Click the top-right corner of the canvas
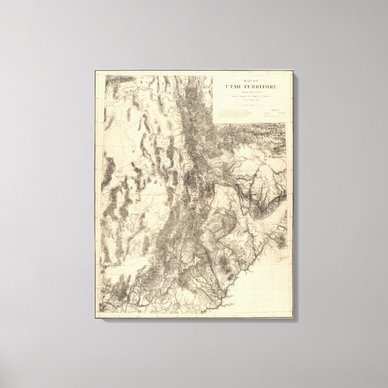294,70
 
